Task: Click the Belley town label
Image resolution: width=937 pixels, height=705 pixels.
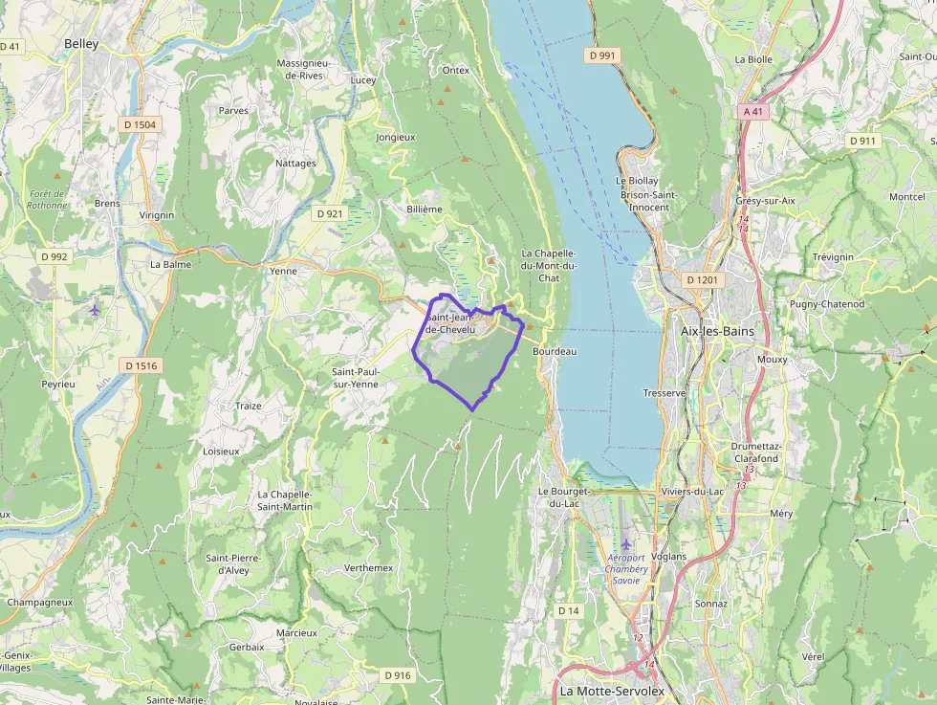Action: click(81, 44)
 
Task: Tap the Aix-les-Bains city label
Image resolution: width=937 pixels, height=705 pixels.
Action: click(716, 331)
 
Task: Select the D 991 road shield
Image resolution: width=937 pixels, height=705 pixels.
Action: click(603, 55)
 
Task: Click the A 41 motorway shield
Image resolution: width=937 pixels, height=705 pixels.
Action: click(753, 111)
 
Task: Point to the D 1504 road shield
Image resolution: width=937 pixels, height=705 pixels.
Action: click(140, 124)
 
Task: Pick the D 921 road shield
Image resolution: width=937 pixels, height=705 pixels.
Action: click(329, 213)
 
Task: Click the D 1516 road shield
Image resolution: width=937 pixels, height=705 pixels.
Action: click(141, 365)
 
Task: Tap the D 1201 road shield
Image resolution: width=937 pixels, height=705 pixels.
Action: click(702, 279)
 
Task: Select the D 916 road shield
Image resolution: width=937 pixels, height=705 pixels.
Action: click(398, 675)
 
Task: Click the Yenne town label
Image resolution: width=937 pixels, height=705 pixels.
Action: click(284, 271)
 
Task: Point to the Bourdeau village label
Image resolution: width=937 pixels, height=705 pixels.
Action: click(555, 351)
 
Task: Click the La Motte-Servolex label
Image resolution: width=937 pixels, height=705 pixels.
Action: click(612, 691)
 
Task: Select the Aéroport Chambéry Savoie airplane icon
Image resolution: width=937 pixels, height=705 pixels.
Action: click(627, 544)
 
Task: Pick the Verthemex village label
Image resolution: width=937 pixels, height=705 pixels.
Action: click(368, 567)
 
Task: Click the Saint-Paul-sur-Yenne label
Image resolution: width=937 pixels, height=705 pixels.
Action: click(355, 377)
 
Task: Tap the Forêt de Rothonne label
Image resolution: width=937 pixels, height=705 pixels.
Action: click(48, 199)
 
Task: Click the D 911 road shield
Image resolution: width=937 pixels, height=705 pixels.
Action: click(862, 141)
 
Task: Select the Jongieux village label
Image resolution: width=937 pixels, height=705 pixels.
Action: click(396, 137)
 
